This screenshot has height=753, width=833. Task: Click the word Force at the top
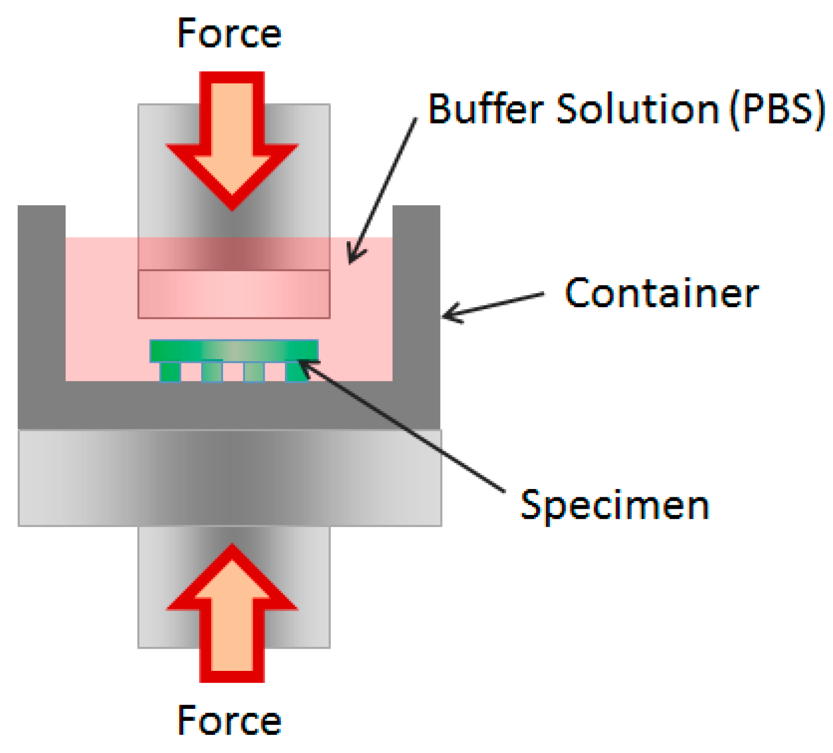(229, 33)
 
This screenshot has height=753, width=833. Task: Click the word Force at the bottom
(229, 720)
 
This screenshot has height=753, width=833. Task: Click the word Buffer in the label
(484, 109)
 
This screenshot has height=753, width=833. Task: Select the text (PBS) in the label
(777, 110)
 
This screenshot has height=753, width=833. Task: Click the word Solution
(637, 109)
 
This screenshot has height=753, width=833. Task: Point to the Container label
(661, 293)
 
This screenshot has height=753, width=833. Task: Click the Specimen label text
(615, 505)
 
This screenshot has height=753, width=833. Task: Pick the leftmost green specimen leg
(170, 372)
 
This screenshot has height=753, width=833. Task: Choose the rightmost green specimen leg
(295, 372)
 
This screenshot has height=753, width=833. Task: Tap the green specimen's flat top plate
(234, 350)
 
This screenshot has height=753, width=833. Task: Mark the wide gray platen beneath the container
(230, 478)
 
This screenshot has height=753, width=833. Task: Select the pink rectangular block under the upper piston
(234, 294)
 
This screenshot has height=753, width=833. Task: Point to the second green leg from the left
(212, 372)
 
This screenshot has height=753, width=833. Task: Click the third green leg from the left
(254, 372)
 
